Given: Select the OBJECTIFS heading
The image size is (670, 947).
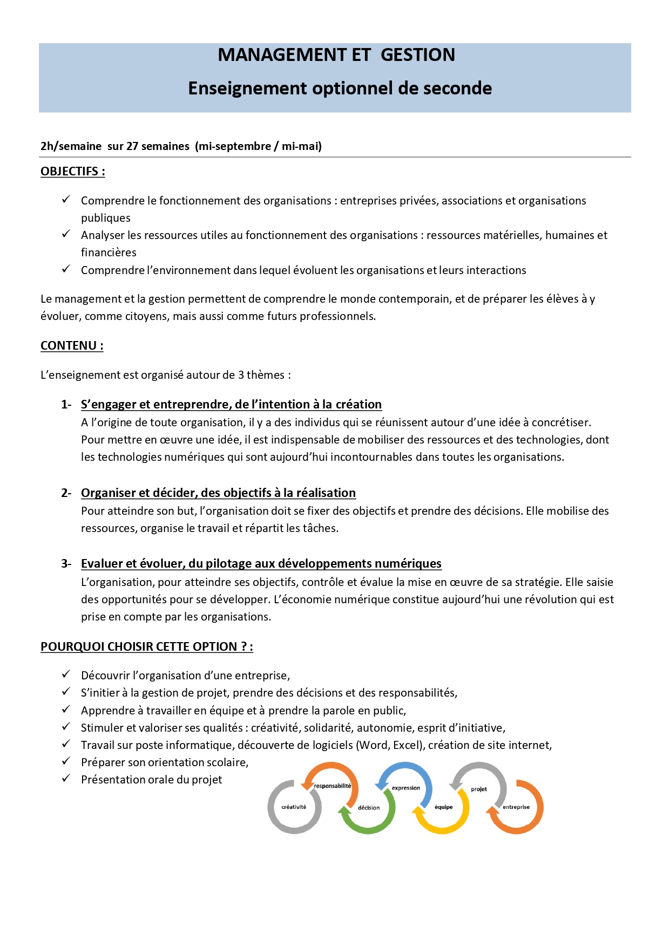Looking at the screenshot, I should pyautogui.click(x=72, y=172).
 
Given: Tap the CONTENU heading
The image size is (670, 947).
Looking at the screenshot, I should pyautogui.click(x=72, y=346).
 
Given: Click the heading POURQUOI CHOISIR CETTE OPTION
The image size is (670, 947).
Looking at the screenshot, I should pyautogui.click(x=146, y=646).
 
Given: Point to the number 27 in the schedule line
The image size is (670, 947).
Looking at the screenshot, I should pyautogui.click(x=132, y=146).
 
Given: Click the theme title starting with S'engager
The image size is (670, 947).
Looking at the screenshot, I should pyautogui.click(x=231, y=404).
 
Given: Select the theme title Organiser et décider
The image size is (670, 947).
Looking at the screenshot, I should pyautogui.click(x=218, y=493).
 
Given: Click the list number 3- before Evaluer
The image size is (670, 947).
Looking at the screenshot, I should pyautogui.click(x=66, y=564).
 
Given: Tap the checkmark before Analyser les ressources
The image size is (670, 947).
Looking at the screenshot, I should pyautogui.click(x=66, y=234).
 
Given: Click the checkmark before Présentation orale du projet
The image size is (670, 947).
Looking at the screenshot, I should pyautogui.click(x=66, y=779).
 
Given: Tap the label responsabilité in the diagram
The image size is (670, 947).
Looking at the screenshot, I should pyautogui.click(x=333, y=786).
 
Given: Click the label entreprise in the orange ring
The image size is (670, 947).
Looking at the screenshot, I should pyautogui.click(x=516, y=807).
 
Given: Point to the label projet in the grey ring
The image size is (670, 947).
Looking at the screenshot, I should pyautogui.click(x=479, y=789).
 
